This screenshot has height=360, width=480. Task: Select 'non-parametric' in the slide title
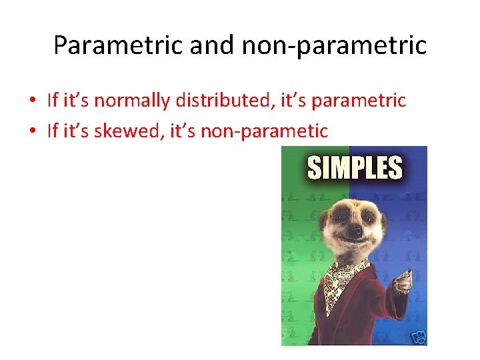tap(333, 45)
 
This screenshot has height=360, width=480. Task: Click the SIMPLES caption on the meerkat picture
tap(355, 168)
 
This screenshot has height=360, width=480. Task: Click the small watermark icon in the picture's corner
tap(419, 337)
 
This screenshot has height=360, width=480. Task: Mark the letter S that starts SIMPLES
tap(314, 168)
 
